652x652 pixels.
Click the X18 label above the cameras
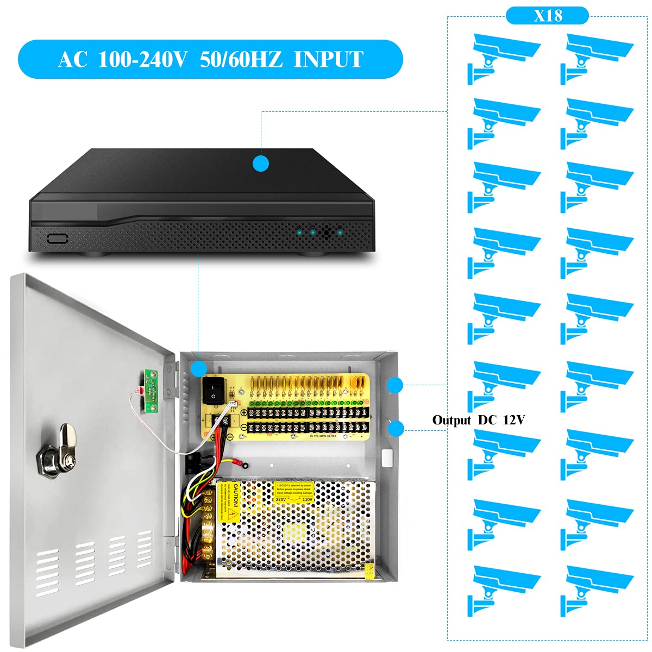547,16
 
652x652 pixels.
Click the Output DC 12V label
479,420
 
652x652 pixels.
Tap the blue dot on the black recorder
261,164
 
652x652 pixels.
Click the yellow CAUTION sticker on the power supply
229,502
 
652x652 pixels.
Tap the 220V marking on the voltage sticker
280,499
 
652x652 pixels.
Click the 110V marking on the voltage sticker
307,499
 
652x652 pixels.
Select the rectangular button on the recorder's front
57,238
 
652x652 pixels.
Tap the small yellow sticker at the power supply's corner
369,570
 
